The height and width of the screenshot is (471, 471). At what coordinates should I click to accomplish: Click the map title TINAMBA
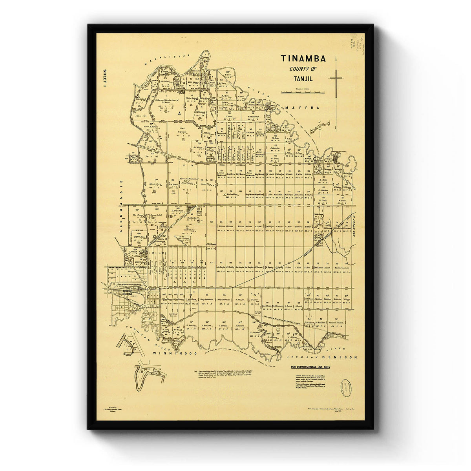tap(303, 59)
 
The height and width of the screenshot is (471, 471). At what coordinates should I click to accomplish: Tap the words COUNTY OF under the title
tap(303, 69)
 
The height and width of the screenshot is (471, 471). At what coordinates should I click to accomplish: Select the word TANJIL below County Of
tap(303, 78)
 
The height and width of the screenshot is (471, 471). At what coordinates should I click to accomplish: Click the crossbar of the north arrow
tap(336, 78)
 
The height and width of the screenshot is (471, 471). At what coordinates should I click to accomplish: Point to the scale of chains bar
tap(303, 92)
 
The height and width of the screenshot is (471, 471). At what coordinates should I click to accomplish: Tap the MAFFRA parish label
tap(298, 108)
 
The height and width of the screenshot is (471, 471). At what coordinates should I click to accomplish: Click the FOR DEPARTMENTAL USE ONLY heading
tap(310, 368)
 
